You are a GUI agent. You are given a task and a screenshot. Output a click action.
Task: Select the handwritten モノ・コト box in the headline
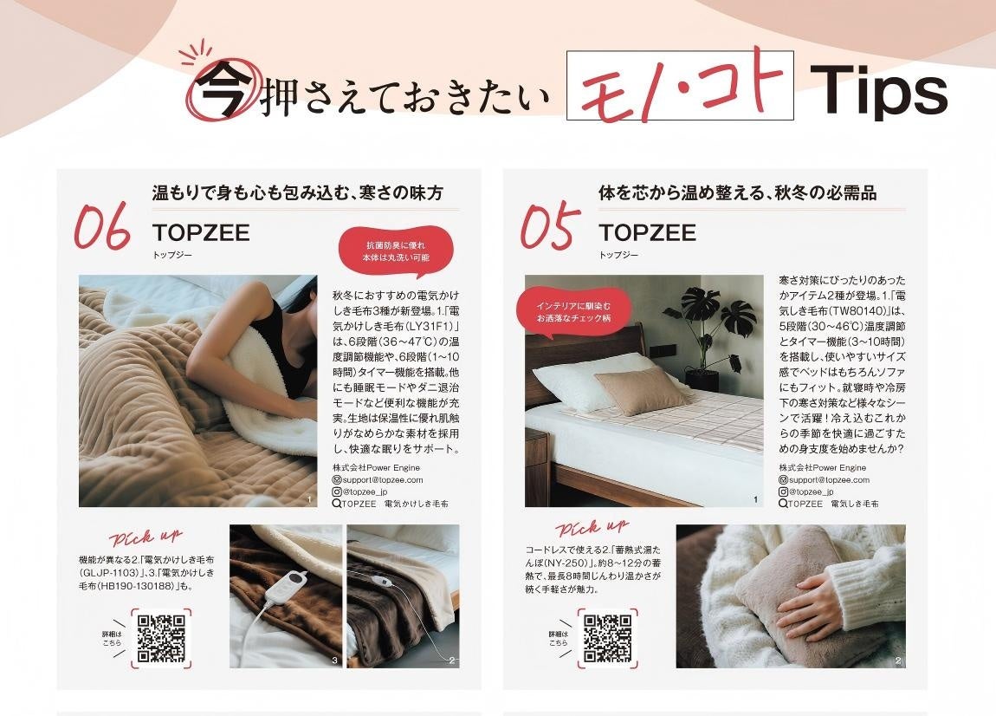pos(680,85)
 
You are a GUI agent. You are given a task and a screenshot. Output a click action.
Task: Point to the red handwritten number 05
pos(549,226)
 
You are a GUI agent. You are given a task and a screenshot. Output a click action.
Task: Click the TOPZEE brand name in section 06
pos(201,232)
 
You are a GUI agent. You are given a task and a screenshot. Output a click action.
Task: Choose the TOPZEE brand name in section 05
pos(647,232)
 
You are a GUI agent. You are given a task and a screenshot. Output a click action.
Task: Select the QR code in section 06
pos(161,639)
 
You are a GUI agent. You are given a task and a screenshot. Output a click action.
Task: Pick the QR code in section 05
pos(608,639)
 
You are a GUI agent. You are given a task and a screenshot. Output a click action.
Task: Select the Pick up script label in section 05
pos(592,527)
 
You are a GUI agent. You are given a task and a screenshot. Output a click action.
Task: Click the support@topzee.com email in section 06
pos(378,480)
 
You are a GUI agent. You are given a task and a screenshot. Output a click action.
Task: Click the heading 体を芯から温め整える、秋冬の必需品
pos(737,192)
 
